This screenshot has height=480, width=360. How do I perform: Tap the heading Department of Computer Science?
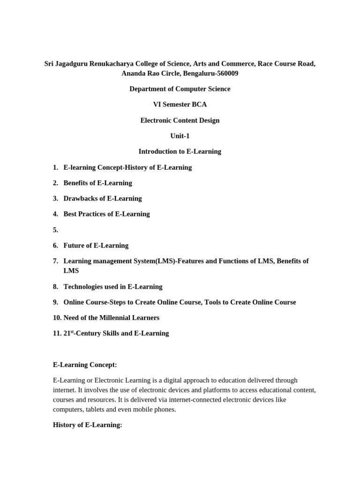[180, 89]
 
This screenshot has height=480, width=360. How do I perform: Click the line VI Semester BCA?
[180, 105]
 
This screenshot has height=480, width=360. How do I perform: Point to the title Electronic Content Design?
[180, 120]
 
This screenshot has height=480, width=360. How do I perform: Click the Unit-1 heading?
[180, 136]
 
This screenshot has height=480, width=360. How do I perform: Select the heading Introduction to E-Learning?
[180, 151]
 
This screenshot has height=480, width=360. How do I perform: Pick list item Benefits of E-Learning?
[97, 183]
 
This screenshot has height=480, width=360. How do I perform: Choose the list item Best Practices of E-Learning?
[106, 214]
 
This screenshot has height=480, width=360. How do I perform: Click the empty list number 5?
[55, 230]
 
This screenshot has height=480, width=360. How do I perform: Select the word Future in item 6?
[75, 245]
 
